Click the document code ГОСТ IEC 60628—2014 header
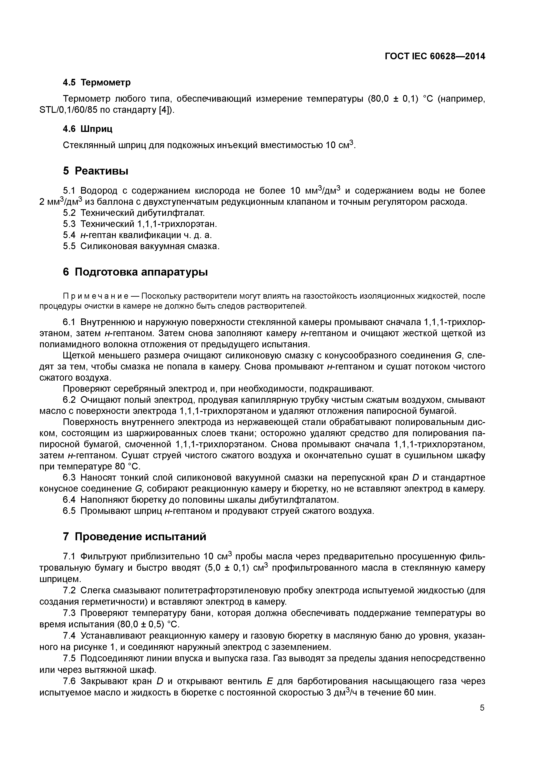click(435, 56)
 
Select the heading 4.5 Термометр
click(97, 82)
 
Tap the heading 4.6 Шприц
click(88, 129)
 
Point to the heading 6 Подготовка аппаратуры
click(135, 272)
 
